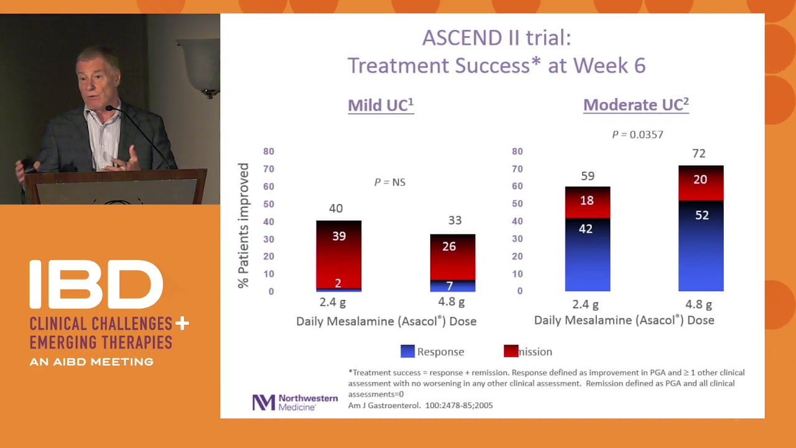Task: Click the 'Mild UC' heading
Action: click(381, 105)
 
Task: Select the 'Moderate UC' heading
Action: click(636, 105)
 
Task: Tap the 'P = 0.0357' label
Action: click(637, 134)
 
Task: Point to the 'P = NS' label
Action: click(389, 182)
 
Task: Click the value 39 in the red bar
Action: click(338, 236)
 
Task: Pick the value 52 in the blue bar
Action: click(701, 215)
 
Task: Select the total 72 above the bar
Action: click(698, 154)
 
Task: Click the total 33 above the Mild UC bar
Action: click(455, 220)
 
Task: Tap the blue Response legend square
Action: click(407, 352)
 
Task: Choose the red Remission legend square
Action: click(511, 352)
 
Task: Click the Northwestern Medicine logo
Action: click(295, 402)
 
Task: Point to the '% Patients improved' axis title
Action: click(243, 225)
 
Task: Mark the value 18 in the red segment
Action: click(586, 200)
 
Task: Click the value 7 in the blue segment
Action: click(450, 286)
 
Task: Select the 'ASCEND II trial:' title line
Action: click(496, 38)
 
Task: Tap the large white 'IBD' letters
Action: click(96, 285)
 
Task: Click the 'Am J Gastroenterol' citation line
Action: click(420, 405)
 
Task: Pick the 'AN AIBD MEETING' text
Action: click(91, 362)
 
